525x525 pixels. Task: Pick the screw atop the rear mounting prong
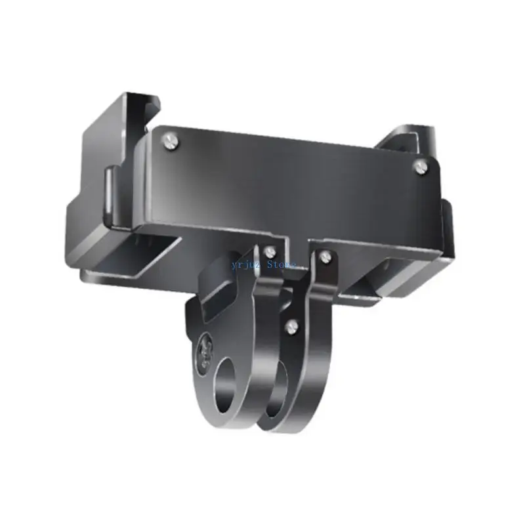point(324,257)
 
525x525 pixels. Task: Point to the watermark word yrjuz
point(246,264)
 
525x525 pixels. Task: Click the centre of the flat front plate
point(289,184)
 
